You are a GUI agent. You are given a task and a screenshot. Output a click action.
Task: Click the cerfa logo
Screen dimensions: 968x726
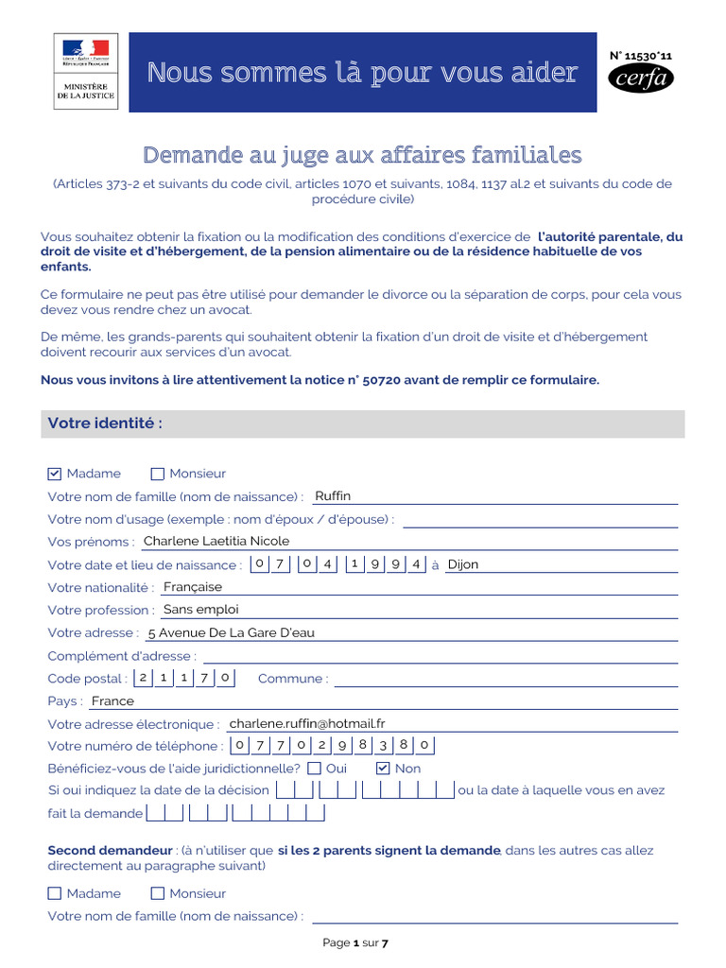(x=641, y=78)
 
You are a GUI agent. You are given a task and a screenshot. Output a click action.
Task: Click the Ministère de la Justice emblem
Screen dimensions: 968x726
(x=85, y=70)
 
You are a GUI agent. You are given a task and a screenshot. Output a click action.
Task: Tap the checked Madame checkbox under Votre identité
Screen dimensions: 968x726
(x=55, y=474)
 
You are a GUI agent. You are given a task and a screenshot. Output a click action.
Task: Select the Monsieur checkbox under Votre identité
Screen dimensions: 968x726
(x=158, y=474)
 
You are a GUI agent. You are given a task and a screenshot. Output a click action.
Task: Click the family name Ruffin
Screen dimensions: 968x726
(x=333, y=495)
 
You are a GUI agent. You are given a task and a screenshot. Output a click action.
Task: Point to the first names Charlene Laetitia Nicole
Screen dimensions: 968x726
(x=216, y=541)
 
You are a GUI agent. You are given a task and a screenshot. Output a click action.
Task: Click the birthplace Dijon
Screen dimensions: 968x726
(x=463, y=564)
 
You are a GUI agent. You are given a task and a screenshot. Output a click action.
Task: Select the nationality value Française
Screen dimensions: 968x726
(x=193, y=587)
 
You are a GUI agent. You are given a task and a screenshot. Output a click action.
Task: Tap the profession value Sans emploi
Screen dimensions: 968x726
(x=201, y=610)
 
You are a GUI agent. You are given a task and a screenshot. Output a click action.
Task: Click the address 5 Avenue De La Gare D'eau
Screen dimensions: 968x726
(x=231, y=632)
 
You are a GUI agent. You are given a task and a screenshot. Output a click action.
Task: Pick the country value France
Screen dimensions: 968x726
(x=112, y=700)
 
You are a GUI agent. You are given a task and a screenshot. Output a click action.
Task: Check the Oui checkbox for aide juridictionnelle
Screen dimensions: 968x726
(x=315, y=769)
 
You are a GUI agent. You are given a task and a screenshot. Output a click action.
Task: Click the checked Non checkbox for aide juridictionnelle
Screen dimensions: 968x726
(x=383, y=769)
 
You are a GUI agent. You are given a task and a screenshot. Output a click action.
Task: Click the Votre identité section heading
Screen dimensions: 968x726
(x=106, y=423)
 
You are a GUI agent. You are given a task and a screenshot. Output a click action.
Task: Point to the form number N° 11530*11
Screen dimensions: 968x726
(x=642, y=56)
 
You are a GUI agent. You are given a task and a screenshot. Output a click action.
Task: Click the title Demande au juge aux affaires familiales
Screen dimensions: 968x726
(x=362, y=154)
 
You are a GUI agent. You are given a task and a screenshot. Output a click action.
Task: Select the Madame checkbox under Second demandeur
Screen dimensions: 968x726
(x=55, y=893)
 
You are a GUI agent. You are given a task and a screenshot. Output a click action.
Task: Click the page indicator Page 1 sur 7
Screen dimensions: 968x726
(x=355, y=942)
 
